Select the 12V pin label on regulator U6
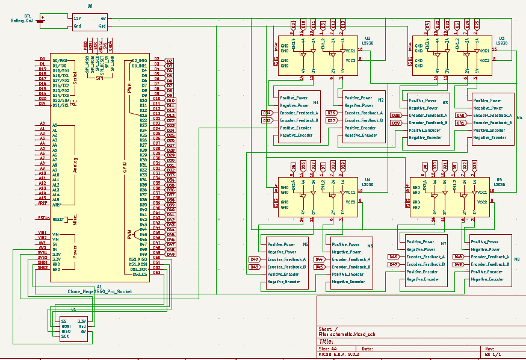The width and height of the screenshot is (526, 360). pyautogui.click(x=77, y=19)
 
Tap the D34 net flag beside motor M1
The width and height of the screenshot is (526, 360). pyautogui.click(x=267, y=113)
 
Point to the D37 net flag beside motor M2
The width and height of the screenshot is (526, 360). pyautogui.click(x=331, y=120)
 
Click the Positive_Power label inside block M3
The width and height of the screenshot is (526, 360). pyautogui.click(x=422, y=101)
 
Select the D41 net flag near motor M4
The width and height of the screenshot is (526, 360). pyautogui.click(x=460, y=123)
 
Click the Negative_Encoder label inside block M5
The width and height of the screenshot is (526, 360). pyautogui.click(x=283, y=282)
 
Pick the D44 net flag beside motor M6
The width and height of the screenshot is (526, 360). pyautogui.click(x=320, y=259)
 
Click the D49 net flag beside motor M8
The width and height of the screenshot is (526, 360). pyautogui.click(x=458, y=264)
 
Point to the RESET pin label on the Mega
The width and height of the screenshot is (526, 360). pyautogui.click(x=58, y=219)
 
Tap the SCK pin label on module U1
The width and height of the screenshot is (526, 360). pyautogui.click(x=64, y=336)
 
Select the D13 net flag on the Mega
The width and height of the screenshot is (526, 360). pyautogui.click(x=170, y=115)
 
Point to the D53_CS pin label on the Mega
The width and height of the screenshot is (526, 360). pyautogui.click(x=140, y=275)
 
